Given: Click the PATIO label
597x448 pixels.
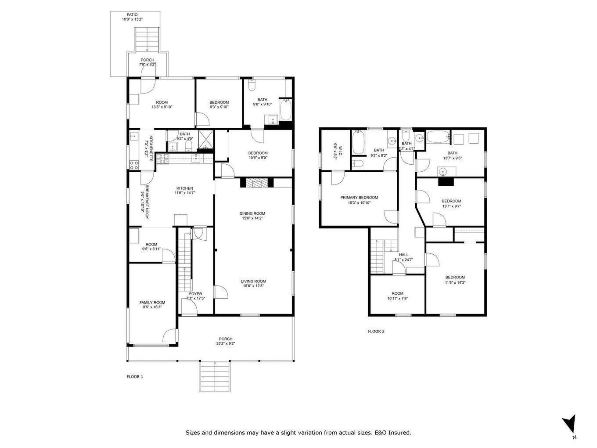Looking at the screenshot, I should tap(132, 14).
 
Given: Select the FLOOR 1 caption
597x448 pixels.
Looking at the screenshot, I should tap(135, 376).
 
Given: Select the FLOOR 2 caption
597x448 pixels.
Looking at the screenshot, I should tap(376, 331).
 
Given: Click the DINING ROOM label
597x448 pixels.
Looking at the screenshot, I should tap(252, 213).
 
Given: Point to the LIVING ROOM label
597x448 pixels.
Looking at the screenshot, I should tap(253, 281).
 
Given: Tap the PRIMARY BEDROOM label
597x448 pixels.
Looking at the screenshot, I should tap(359, 198).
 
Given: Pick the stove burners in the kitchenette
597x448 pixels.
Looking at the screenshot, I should tap(134, 165).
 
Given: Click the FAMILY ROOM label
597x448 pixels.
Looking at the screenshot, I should tap(152, 302).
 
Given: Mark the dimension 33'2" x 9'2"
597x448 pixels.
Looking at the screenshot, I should tap(225, 344).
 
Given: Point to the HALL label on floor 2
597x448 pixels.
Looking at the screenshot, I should tap(403, 255).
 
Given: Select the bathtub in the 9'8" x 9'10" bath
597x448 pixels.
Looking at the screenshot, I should tap(285, 110).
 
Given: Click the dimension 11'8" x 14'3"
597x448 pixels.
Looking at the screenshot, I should tap(455, 282).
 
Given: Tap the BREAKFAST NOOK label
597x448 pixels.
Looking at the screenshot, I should tap(145, 199).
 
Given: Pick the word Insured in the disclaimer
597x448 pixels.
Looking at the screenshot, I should tap(399, 433).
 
